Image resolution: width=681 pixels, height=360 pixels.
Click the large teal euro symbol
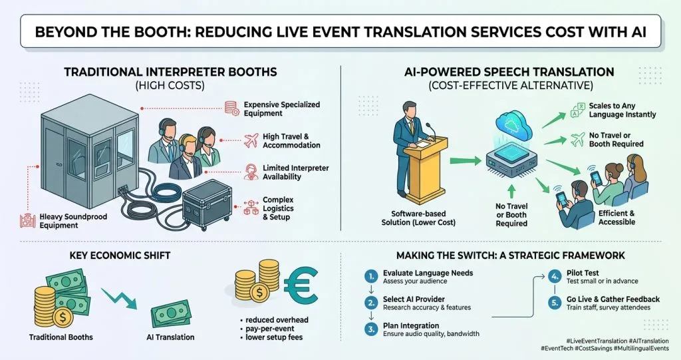point(301,285)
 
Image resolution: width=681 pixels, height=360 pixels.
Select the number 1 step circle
point(371,276)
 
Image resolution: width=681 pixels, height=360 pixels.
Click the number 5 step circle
point(555,302)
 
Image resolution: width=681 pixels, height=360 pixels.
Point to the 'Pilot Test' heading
point(583,273)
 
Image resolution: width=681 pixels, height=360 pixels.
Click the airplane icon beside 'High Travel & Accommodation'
point(251,140)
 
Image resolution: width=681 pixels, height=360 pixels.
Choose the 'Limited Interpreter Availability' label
point(295,172)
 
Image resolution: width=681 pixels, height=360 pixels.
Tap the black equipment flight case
point(207,205)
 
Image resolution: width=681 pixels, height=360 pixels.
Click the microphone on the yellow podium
point(430,130)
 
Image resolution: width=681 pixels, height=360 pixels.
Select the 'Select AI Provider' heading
point(414,299)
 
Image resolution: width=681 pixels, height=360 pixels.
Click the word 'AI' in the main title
point(638,32)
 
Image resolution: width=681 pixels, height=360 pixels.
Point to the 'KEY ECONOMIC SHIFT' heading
point(120,256)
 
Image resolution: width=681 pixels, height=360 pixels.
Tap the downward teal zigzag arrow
point(119,299)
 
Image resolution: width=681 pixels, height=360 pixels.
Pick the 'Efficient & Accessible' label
point(616,218)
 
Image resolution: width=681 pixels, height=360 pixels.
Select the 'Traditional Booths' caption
point(61,337)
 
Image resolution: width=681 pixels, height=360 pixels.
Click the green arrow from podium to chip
point(465,161)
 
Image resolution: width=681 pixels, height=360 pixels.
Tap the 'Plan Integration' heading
point(411,325)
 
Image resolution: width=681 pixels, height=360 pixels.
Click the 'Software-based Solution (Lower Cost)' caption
point(418,218)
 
